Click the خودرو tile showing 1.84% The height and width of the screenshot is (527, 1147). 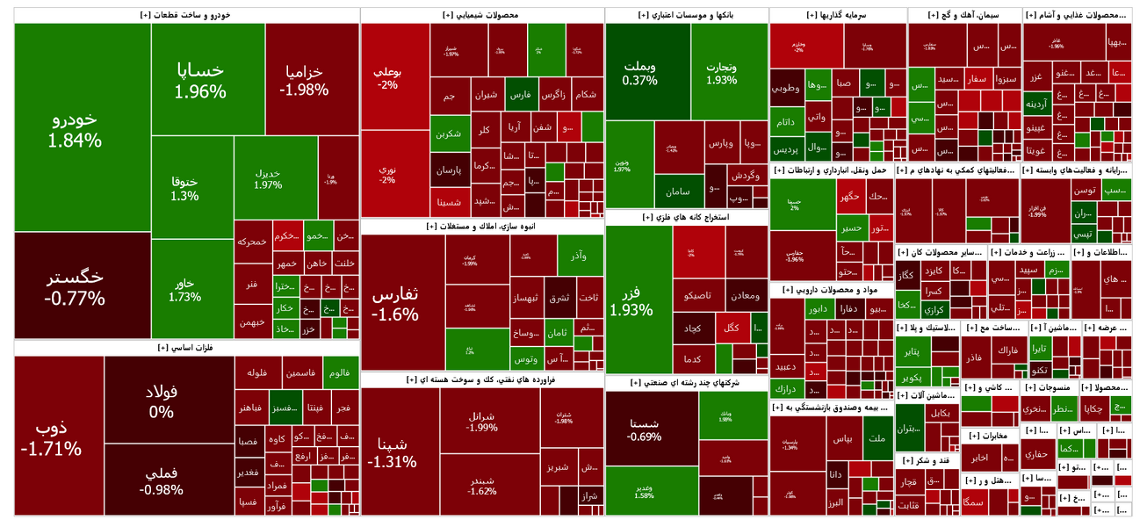pos(82,128)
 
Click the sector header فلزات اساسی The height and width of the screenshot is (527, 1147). pos(186,348)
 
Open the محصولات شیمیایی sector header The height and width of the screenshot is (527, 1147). pos(482,15)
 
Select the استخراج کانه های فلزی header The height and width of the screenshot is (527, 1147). pos(686,217)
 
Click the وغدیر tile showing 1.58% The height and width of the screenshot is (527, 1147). pos(651,491)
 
